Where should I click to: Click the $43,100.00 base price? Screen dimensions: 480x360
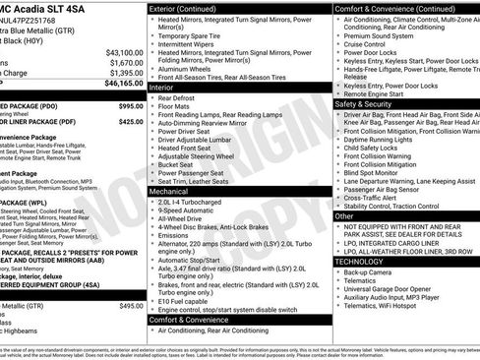click(124, 52)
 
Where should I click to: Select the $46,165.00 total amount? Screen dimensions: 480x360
click(124, 86)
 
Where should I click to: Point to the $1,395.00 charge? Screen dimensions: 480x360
click(126, 73)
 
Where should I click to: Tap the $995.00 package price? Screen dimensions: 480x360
click(130, 105)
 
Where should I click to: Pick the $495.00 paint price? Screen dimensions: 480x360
click(131, 306)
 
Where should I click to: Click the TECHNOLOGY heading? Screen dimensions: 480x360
click(359, 262)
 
